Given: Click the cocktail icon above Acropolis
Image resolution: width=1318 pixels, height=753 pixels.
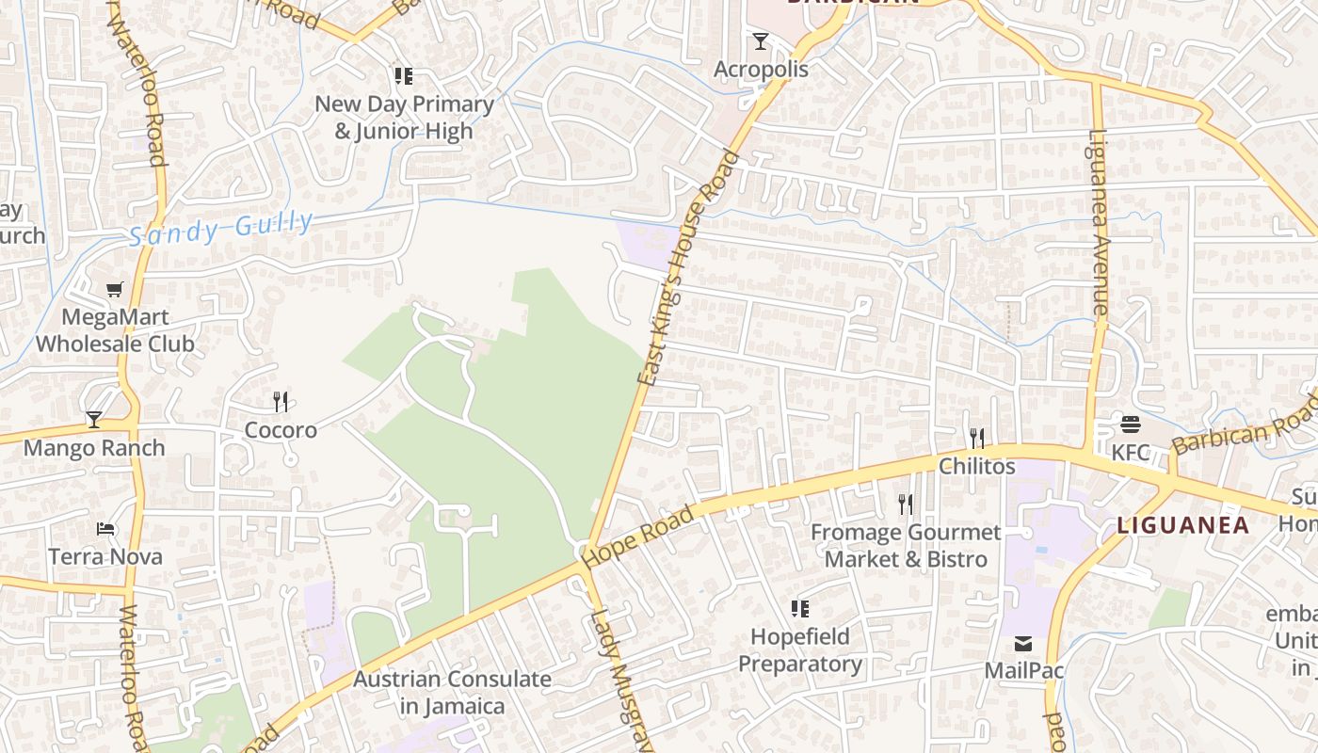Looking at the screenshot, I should point(761,41).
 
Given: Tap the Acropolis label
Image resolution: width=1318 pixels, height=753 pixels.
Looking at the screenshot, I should point(761,70).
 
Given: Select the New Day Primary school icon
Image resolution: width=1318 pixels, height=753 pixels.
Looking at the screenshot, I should point(404,76).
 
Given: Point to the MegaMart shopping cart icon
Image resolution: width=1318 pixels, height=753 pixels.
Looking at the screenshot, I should point(115,290).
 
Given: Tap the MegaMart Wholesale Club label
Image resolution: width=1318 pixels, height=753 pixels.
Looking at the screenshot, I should point(115,330).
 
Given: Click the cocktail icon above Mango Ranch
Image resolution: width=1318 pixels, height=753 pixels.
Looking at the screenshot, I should point(94,420).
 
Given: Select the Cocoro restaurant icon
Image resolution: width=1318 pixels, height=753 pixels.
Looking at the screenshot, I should point(281,402).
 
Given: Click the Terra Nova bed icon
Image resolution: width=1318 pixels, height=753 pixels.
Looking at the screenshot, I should point(105,529).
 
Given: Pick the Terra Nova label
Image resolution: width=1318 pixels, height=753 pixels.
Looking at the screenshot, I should point(105,556).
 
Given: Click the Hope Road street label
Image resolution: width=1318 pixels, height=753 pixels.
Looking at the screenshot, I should point(638,537).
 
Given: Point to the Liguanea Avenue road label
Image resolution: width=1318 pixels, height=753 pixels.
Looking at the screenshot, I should point(1099,221).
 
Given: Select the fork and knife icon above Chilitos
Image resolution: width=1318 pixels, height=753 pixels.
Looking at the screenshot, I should point(977,438).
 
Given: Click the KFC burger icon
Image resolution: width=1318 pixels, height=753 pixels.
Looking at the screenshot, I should point(1131,425).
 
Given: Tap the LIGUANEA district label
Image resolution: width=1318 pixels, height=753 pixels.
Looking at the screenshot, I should point(1182,525).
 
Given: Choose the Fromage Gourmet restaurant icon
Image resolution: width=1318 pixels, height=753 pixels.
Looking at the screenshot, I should point(906,505).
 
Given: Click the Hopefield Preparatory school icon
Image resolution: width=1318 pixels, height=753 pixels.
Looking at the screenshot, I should point(799,609).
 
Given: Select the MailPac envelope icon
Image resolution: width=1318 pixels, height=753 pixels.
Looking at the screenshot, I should point(1023,644).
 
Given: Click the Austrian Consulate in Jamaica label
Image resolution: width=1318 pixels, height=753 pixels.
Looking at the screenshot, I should point(452,692).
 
